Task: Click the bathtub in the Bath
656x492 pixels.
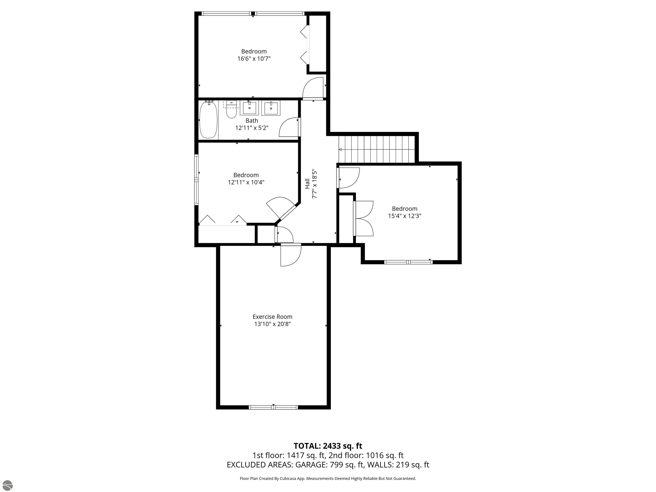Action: pyautogui.click(x=208, y=120)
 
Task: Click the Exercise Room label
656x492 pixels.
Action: pyautogui.click(x=272, y=317)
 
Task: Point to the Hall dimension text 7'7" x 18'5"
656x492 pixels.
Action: pyautogui.click(x=315, y=184)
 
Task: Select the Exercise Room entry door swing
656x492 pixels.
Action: pyautogui.click(x=290, y=255)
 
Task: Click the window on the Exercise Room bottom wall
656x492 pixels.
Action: pyautogui.click(x=273, y=407)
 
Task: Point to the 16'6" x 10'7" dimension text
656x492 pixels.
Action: pyautogui.click(x=254, y=59)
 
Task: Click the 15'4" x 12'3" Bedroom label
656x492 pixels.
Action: pyautogui.click(x=404, y=209)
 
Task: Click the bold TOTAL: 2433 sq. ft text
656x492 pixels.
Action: pyautogui.click(x=328, y=446)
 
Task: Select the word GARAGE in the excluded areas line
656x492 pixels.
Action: pyautogui.click(x=311, y=465)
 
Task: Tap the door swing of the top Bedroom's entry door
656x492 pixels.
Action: pyautogui.click(x=313, y=88)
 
